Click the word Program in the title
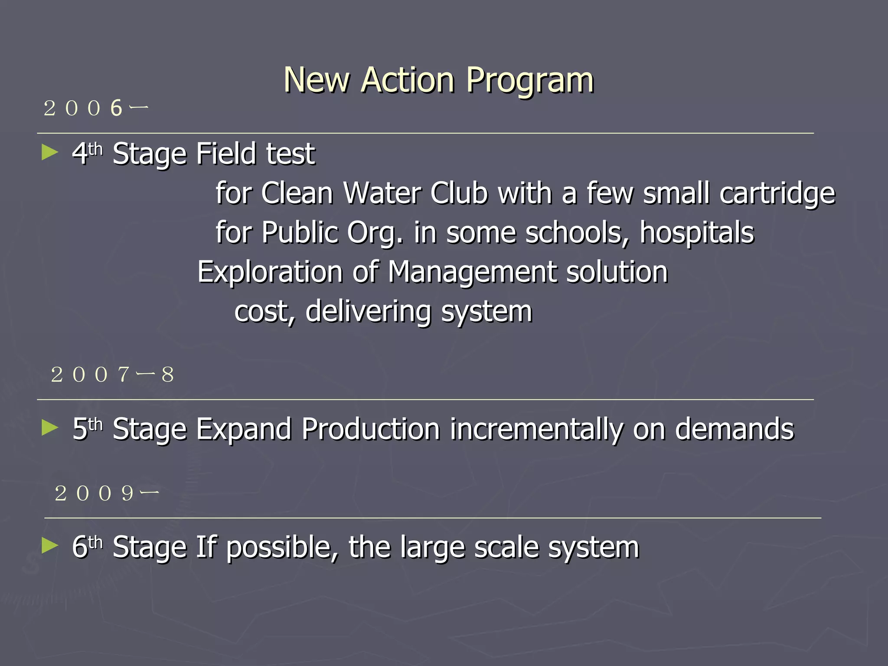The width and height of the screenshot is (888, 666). coord(529,81)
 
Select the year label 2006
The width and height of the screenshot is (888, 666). coord(95,108)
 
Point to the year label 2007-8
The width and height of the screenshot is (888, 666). coord(112,375)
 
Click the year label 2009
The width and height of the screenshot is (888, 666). coord(107,493)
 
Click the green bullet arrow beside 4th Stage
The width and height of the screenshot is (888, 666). coord(50,153)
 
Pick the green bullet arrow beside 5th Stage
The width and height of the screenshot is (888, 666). coord(50,428)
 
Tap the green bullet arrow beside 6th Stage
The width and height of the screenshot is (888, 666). coord(50,545)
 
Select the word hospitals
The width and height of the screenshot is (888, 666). coord(697,233)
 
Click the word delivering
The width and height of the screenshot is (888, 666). coord(368,311)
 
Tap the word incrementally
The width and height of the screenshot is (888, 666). coord(536,429)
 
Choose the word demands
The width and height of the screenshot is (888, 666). coord(735,429)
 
